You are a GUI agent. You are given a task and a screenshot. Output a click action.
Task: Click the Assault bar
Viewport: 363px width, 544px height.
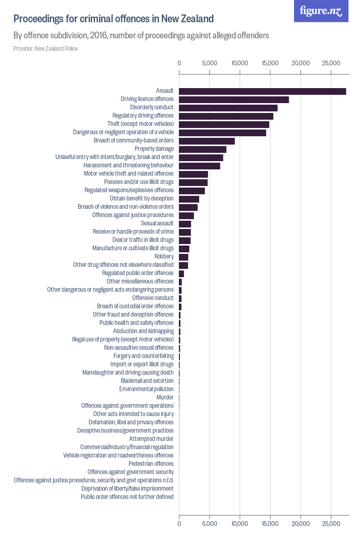point(262,91)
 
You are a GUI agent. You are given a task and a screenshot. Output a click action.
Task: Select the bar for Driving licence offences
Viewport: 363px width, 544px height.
point(234,99)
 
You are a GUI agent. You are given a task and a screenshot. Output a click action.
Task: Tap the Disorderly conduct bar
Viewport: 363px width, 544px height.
point(228,108)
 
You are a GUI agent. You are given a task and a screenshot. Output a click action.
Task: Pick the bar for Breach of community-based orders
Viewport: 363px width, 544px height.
point(207,141)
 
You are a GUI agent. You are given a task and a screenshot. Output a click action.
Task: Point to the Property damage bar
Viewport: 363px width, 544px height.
point(203,149)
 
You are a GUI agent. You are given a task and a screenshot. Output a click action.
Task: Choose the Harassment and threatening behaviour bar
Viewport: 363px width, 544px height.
point(200,166)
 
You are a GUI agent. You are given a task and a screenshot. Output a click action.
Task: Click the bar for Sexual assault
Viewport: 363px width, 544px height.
point(185,224)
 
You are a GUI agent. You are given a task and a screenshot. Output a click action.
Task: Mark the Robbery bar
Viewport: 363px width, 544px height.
point(184,257)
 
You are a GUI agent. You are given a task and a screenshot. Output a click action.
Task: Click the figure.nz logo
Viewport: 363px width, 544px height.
point(321,11)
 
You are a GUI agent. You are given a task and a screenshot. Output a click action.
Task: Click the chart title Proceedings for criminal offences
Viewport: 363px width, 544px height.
point(114,19)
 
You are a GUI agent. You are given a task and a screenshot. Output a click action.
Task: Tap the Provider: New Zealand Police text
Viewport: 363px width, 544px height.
point(46,49)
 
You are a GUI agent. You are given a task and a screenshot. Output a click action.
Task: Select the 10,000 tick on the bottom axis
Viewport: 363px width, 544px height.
point(240,524)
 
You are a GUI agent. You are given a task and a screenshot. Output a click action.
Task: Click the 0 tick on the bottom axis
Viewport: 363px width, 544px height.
point(179,524)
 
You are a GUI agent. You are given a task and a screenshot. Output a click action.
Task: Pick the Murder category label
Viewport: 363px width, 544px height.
point(165,397)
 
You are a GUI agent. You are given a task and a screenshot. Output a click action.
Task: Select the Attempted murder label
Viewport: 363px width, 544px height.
point(151,439)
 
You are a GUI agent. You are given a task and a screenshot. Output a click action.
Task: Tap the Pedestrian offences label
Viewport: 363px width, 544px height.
point(151,464)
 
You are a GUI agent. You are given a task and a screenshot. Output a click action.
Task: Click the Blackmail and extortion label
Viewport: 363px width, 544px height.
point(147,381)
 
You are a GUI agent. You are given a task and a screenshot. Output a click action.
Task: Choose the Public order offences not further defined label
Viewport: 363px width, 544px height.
point(127,497)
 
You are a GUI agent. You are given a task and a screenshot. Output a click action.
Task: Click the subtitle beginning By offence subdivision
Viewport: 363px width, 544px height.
point(141,36)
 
